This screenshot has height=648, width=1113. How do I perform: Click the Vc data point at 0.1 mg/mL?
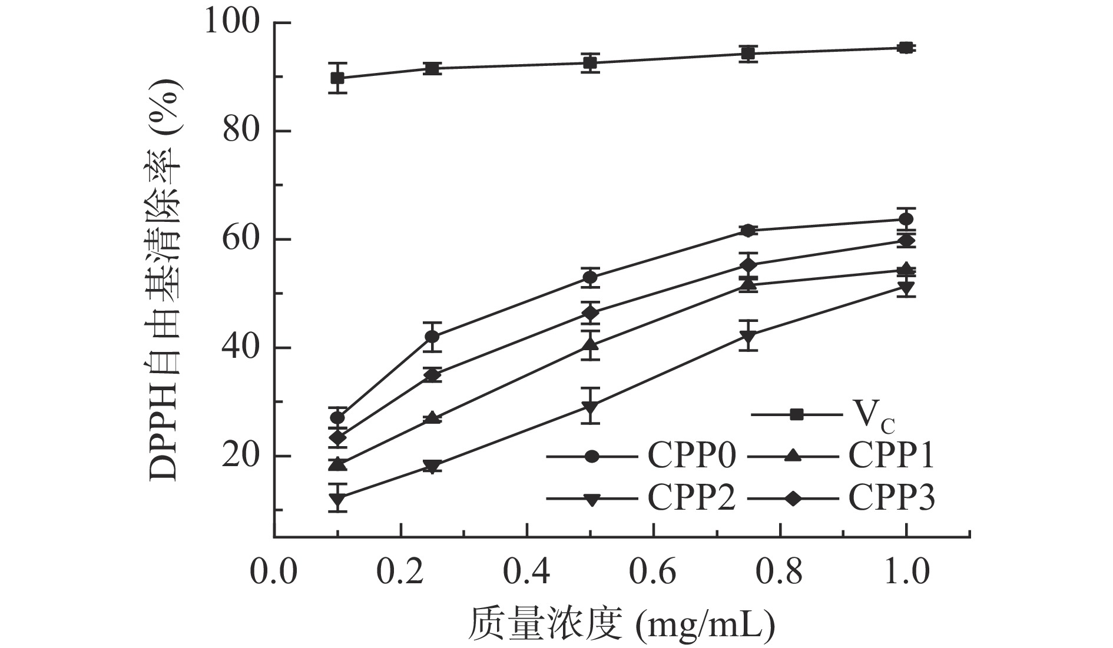(x=337, y=78)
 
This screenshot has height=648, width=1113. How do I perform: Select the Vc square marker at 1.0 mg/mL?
(x=906, y=48)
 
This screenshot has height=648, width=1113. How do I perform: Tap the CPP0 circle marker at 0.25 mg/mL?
(x=432, y=337)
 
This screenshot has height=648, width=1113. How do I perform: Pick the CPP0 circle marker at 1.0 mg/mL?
(x=906, y=220)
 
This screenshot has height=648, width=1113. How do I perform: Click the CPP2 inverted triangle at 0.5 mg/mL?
(x=590, y=407)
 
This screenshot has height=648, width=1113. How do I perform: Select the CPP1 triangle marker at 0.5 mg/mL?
(x=590, y=344)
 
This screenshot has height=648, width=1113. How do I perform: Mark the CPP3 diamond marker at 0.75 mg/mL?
(x=748, y=265)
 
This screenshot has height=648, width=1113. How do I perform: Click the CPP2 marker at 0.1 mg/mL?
(x=337, y=499)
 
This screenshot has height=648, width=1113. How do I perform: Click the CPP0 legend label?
(x=692, y=456)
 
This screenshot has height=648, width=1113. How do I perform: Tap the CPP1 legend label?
(x=892, y=456)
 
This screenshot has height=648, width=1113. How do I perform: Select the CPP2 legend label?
(x=692, y=499)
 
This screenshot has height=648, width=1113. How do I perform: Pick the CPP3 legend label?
(x=892, y=499)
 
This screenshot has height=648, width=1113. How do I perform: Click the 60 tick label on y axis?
(x=241, y=240)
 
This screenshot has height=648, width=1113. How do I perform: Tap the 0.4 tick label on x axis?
(x=526, y=570)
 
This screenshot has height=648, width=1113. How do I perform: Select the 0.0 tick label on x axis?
(x=274, y=570)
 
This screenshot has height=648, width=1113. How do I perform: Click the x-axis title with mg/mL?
(x=621, y=624)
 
